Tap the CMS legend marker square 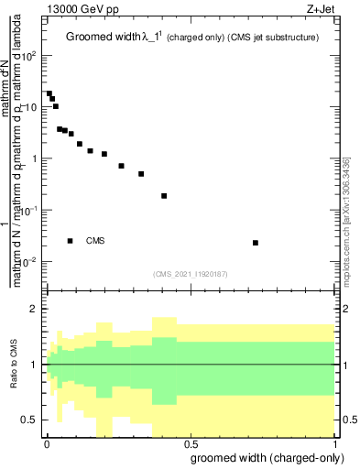(x=71, y=241)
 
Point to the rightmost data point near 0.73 (x=256, y=243)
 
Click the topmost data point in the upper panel (x=49, y=93)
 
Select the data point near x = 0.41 (x=164, y=196)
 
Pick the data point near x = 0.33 (x=141, y=174)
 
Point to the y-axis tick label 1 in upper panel (x=35, y=158)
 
